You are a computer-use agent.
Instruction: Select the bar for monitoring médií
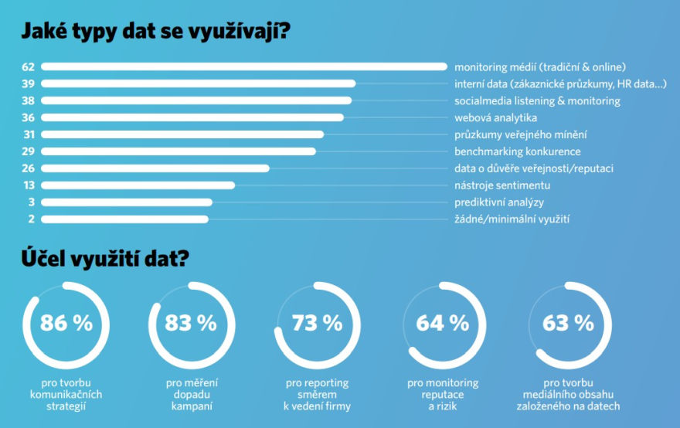[x=243, y=67]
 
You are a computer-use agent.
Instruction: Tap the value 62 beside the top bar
[x=28, y=67]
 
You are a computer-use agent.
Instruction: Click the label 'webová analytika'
[x=495, y=117]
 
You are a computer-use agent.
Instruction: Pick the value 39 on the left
[x=28, y=84]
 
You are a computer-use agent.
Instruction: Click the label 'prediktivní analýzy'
[x=499, y=202]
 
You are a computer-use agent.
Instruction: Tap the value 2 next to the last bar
[x=31, y=219]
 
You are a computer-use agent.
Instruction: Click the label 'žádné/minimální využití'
[x=512, y=219]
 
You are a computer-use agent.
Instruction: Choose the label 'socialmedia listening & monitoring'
[x=537, y=101]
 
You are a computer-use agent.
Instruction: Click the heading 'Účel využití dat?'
[x=104, y=260]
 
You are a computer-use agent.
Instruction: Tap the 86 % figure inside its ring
[x=66, y=323]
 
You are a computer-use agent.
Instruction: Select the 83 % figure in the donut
[x=191, y=323]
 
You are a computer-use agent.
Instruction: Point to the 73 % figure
[x=317, y=323]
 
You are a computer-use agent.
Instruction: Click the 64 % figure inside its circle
[x=442, y=323]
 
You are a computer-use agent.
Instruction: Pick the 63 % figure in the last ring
[x=568, y=323]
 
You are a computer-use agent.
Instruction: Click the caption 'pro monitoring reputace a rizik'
[x=443, y=394]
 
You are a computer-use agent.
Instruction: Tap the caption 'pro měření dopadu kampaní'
[x=192, y=394]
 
